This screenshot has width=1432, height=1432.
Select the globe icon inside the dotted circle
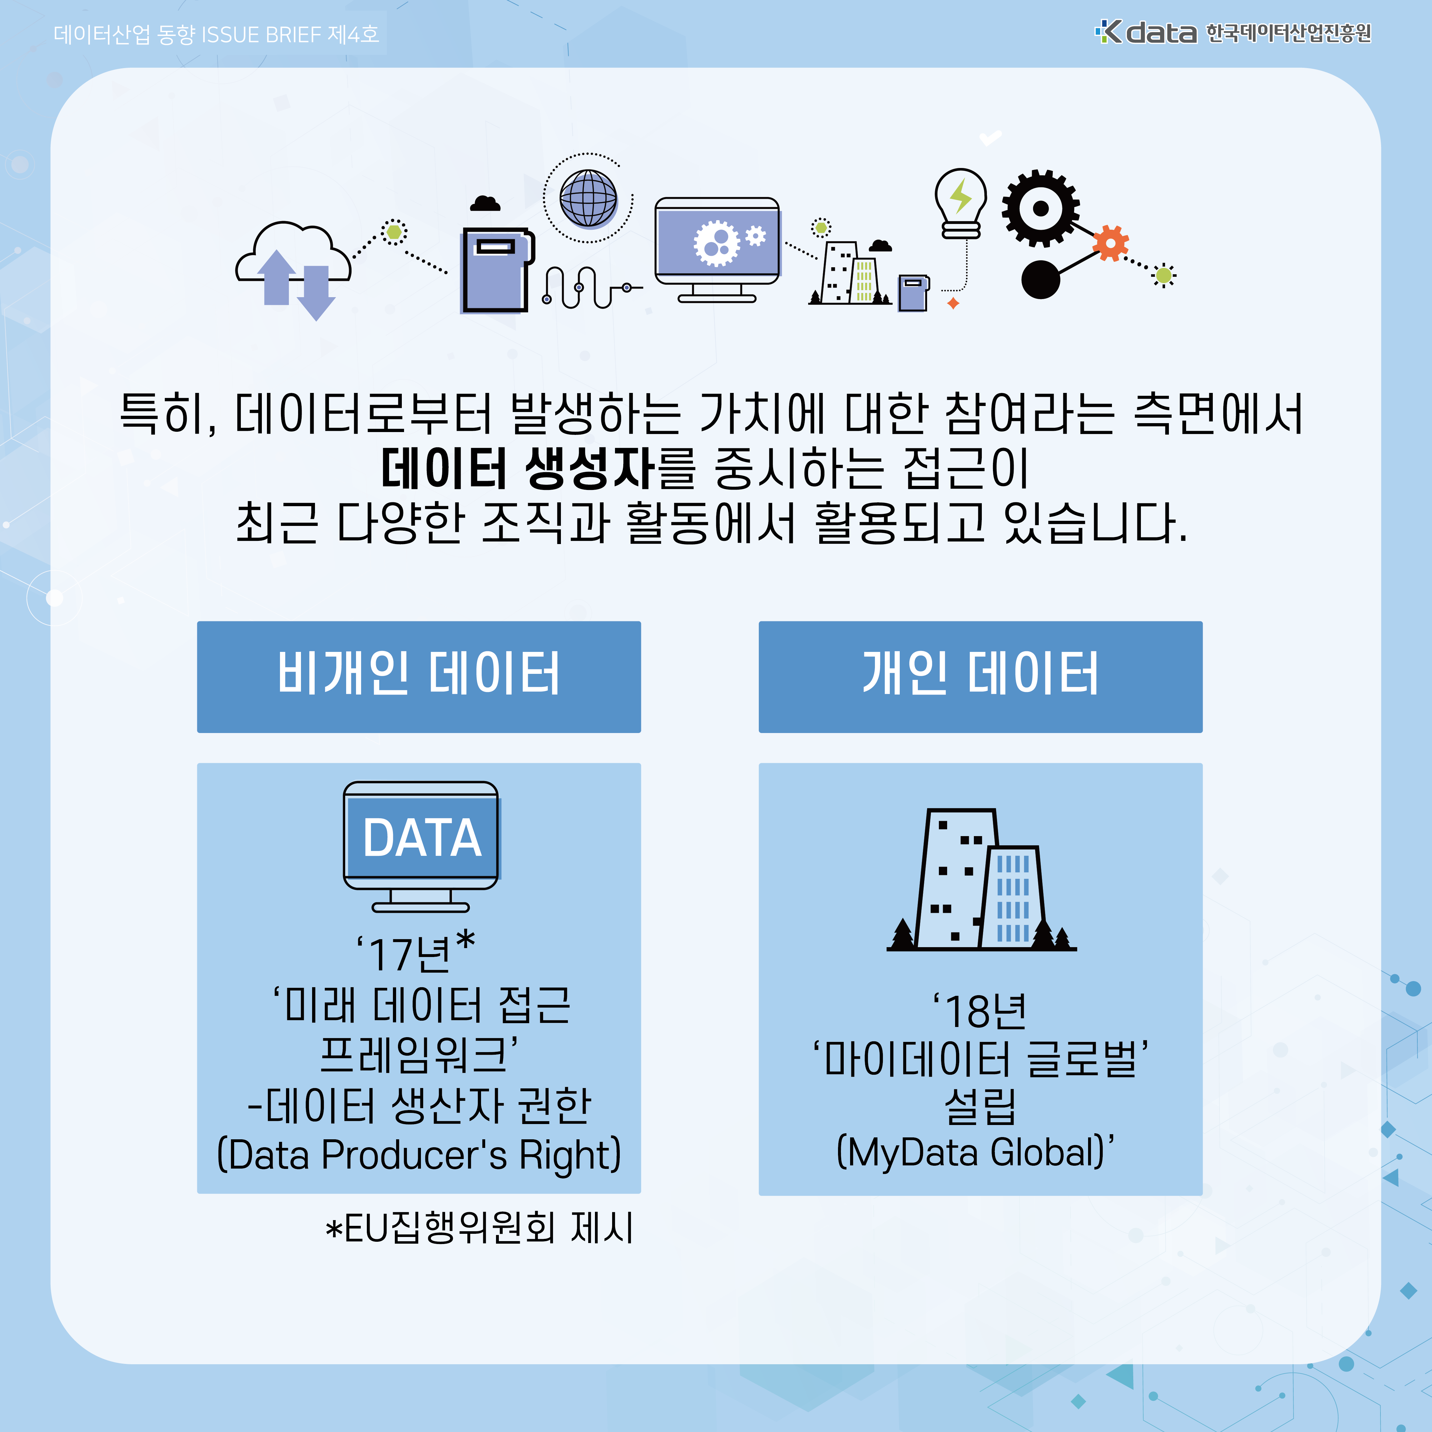coord(588,198)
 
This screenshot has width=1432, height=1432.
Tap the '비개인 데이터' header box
coord(419,676)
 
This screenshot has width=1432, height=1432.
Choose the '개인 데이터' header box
coord(980,676)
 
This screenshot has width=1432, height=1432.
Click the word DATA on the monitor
coord(422,838)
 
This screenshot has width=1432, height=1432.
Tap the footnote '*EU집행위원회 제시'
coord(479,1227)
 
